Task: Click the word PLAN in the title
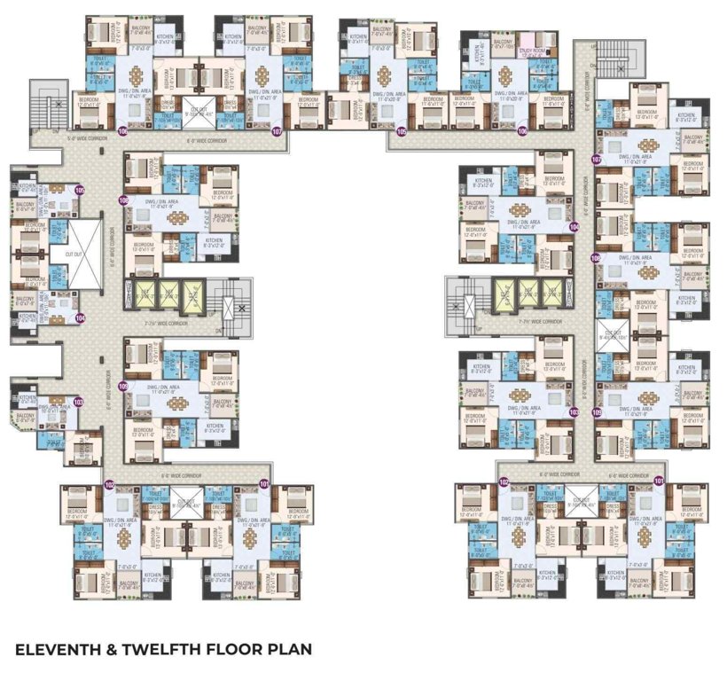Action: (x=289, y=649)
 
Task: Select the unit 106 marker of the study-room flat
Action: (x=522, y=131)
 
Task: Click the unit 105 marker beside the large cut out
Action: (x=80, y=190)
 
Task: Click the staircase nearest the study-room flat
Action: (x=608, y=52)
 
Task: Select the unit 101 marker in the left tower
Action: (x=264, y=483)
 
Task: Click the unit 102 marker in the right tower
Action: (x=503, y=481)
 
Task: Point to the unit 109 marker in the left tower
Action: (x=123, y=387)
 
